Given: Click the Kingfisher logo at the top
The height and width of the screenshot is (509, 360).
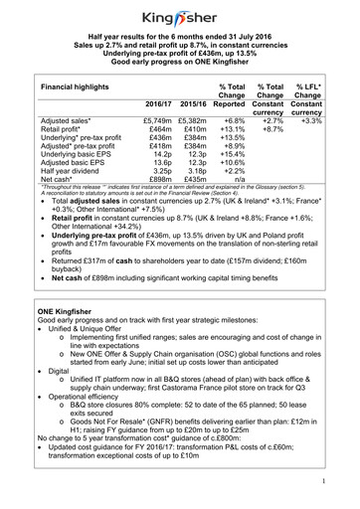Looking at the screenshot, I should coord(179,17).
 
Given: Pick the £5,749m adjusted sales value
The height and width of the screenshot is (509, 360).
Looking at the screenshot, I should coord(160,119).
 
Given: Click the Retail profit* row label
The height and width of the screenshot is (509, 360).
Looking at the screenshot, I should coord(52,129).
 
